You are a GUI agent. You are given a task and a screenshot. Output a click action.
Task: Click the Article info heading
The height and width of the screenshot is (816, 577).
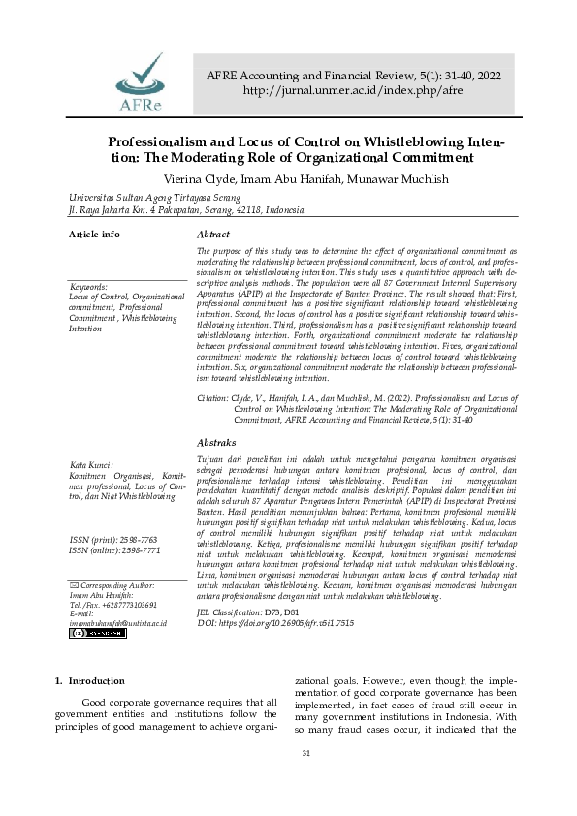[94, 235]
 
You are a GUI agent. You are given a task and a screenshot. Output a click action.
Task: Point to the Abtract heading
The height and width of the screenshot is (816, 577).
[213, 235]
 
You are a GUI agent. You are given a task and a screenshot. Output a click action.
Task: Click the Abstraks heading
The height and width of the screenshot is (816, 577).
[216, 442]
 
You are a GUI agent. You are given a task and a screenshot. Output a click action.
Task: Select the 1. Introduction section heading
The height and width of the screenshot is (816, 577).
[90, 681]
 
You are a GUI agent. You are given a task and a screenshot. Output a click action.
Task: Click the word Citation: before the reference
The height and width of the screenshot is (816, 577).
[213, 398]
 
